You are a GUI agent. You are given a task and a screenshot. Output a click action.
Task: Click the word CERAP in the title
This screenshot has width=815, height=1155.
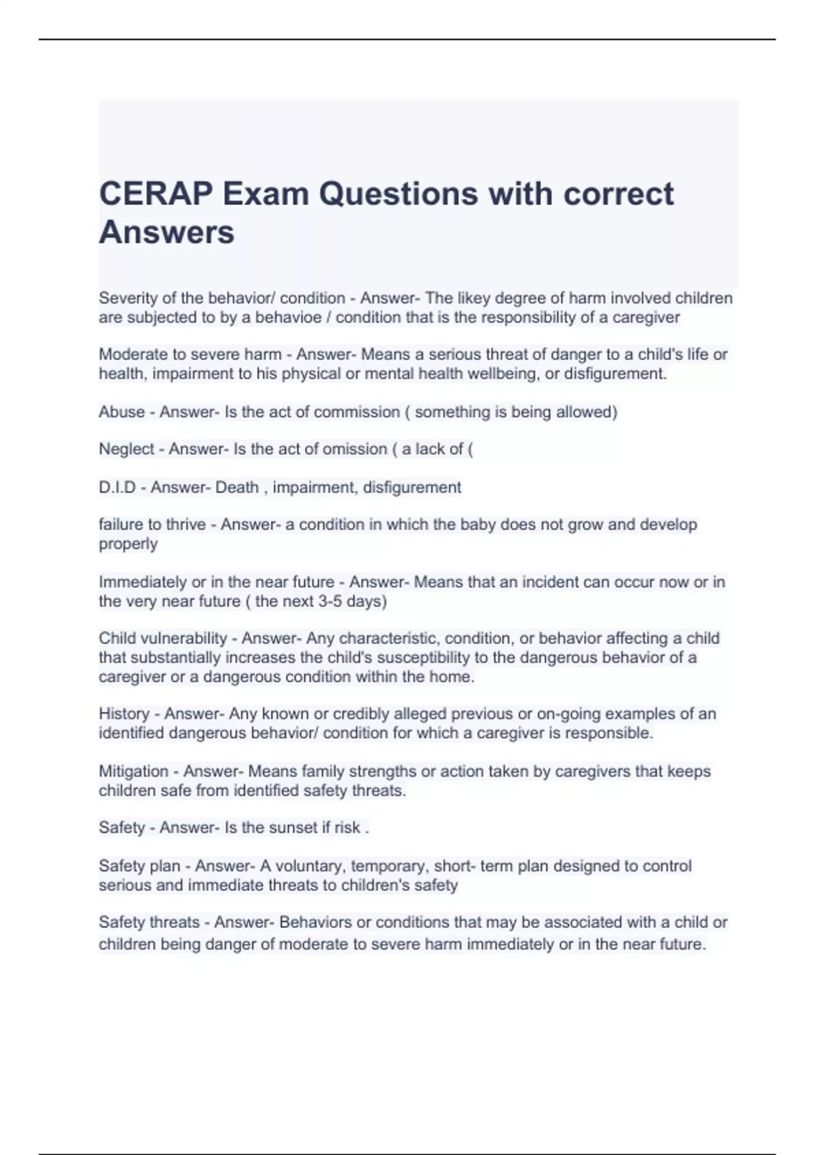(x=156, y=194)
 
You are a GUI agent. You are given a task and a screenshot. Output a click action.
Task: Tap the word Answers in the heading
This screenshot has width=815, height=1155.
(x=166, y=232)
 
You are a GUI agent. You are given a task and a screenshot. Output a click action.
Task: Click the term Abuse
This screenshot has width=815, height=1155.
(x=122, y=412)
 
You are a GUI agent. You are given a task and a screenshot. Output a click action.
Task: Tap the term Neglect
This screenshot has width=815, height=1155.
(x=126, y=449)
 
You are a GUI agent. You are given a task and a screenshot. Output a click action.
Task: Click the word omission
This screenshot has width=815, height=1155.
(x=355, y=449)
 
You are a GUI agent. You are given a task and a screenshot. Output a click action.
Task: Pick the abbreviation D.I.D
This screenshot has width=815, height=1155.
(x=117, y=487)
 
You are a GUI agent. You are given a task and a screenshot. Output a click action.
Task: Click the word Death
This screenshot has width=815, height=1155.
(x=236, y=487)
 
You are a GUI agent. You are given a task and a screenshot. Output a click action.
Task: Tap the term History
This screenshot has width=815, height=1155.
(x=124, y=714)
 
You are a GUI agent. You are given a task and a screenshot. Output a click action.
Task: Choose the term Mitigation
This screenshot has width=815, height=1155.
(x=134, y=772)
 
